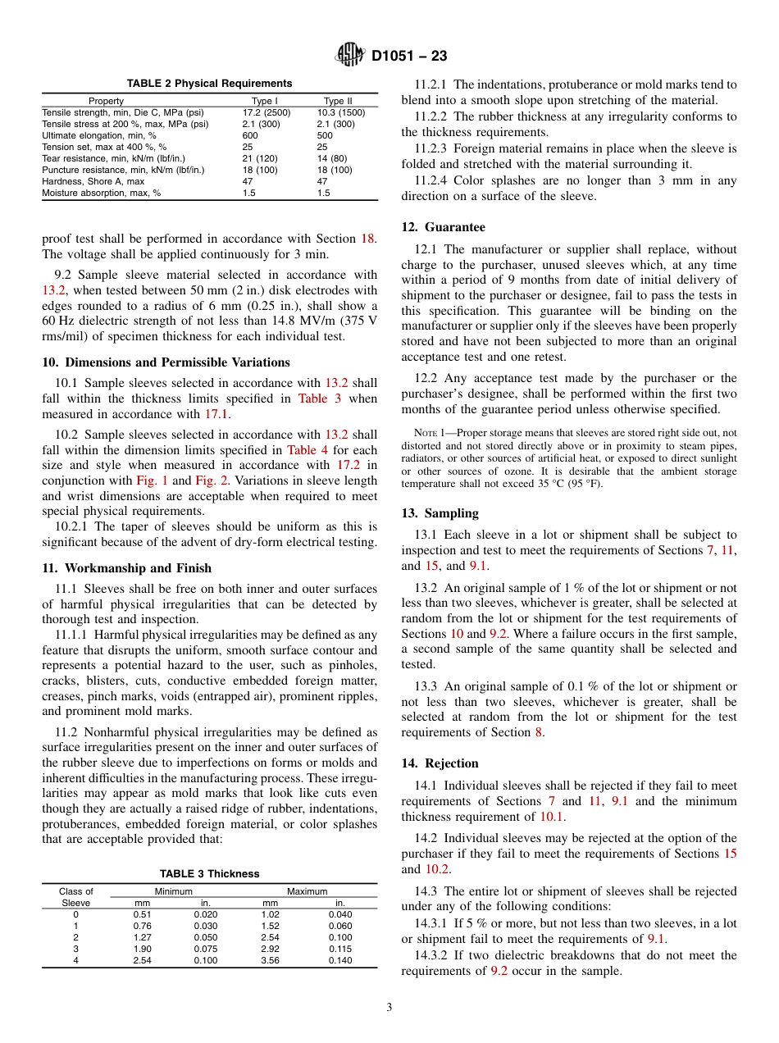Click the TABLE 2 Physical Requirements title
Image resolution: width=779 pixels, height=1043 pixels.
pos(209,84)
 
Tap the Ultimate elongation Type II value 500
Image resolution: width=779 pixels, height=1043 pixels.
pos(325,135)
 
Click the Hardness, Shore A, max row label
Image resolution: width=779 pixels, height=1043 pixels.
pos(93,181)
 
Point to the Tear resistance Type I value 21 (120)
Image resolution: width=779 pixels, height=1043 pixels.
pos(260,158)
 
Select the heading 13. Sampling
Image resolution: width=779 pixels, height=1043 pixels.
pos(440,513)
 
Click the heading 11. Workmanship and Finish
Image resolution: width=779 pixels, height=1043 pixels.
pos(126,568)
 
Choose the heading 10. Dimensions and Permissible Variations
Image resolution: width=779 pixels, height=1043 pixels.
pos(166,362)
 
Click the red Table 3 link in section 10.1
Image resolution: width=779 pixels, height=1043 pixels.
pos(312,399)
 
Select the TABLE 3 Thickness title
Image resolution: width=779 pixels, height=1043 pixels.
pos(209,874)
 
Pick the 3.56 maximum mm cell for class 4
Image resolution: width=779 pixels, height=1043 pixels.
pos(270,960)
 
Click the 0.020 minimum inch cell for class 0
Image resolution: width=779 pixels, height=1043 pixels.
pos(206,914)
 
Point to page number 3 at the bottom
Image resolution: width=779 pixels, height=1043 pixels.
pos(389,1008)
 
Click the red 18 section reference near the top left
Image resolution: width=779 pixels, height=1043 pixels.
pos(367,239)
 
